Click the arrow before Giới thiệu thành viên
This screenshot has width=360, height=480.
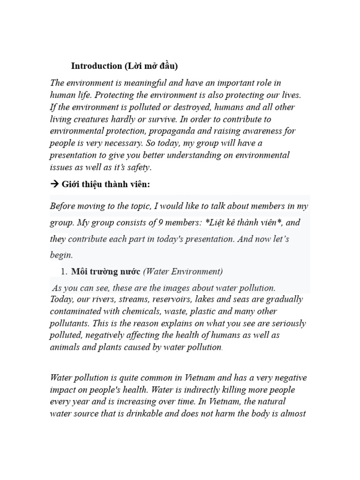(54, 184)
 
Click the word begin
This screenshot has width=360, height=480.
(61, 255)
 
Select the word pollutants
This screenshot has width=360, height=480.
(70, 323)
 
